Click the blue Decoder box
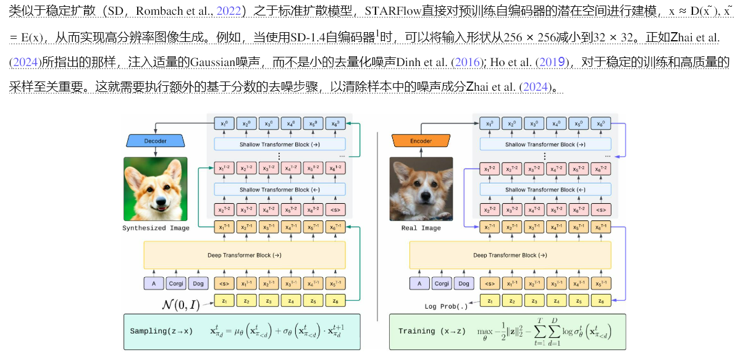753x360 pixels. pyautogui.click(x=156, y=141)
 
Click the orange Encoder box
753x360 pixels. pyautogui.click(x=421, y=141)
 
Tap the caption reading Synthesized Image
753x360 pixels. pyautogui.click(x=156, y=228)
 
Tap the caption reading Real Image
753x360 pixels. pyautogui.click(x=421, y=228)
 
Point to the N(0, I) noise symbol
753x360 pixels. pyautogui.click(x=181, y=304)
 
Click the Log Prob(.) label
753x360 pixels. pyautogui.click(x=447, y=306)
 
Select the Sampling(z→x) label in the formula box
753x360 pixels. pyautogui.click(x=161, y=332)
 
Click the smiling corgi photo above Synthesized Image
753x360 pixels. pyautogui.click(x=156, y=189)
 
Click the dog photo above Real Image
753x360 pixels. pyautogui.click(x=421, y=189)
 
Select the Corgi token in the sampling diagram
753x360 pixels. pyautogui.click(x=175, y=283)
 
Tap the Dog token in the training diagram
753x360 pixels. pyautogui.click(x=463, y=283)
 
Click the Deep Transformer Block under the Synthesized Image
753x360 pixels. pyautogui.click(x=245, y=255)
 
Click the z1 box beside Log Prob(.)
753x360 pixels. pyautogui.click(x=490, y=301)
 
